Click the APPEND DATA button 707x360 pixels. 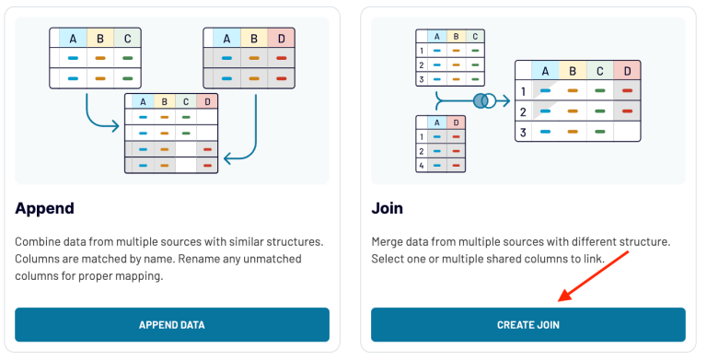pyautogui.click(x=171, y=325)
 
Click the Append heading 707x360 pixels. pyautogui.click(x=45, y=208)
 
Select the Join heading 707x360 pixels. pyautogui.click(x=387, y=208)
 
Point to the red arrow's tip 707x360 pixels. pyautogui.click(x=559, y=301)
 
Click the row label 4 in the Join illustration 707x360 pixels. pyautogui.click(x=422, y=165)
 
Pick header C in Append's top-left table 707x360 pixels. pyautogui.click(x=127, y=39)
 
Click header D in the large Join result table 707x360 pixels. pyautogui.click(x=627, y=71)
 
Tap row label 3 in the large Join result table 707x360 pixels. pyautogui.click(x=523, y=132)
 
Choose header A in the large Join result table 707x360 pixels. pyautogui.click(x=546, y=71)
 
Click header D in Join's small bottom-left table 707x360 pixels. pyautogui.click(x=456, y=122)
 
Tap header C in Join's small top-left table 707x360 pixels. pyautogui.click(x=474, y=37)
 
